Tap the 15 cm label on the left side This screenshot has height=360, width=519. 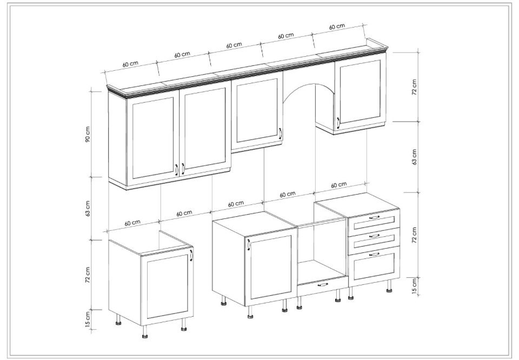click(x=88, y=319)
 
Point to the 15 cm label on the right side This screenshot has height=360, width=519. click(x=415, y=286)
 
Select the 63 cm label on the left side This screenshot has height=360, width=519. click(x=88, y=209)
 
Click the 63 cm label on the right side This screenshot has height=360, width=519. click(x=415, y=157)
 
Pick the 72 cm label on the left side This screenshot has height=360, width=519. click(x=88, y=275)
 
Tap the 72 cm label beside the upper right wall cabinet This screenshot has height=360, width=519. click(x=415, y=87)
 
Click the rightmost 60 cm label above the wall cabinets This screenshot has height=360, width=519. click(x=337, y=26)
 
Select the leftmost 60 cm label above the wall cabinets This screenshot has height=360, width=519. click(x=130, y=64)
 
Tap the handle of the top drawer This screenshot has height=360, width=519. click(x=374, y=217)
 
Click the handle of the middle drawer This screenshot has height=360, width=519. click(x=374, y=236)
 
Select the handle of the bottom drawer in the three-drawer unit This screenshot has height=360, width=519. click(x=374, y=254)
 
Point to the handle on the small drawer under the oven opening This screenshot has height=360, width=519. click(x=323, y=284)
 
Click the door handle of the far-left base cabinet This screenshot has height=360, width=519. click(x=191, y=256)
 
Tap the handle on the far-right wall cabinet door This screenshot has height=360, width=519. click(x=338, y=123)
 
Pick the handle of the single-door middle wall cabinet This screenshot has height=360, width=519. click(x=280, y=134)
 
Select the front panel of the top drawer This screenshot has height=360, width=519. click(x=374, y=218)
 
